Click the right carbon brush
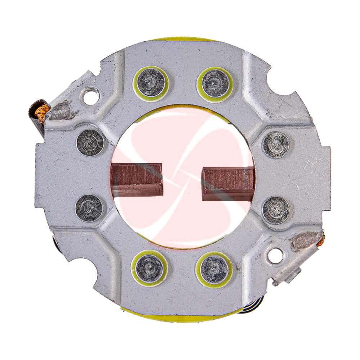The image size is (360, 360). pos(228,184)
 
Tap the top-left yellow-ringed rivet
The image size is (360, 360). pos(151,83)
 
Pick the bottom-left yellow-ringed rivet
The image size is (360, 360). pos(149,268)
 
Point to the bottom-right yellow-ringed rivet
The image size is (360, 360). pos(214,269)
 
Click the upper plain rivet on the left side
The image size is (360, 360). pos(90,142)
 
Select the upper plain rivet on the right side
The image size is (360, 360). pos(276,145)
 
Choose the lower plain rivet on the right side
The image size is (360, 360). pos(276,210)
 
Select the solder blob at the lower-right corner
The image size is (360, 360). pos(304,240)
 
